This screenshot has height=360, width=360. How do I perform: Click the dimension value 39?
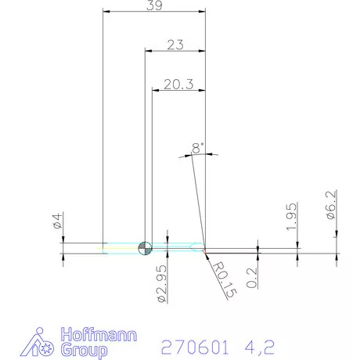coord(155,5)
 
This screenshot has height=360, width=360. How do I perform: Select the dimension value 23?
coord(175,45)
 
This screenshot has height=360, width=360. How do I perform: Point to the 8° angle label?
coord(197,147)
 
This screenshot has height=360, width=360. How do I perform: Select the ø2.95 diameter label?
coord(160,283)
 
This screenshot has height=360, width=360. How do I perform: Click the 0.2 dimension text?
coord(252,276)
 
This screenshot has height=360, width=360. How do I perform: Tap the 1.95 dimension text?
coord(290,217)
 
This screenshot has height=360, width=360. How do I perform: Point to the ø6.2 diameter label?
coord(331,206)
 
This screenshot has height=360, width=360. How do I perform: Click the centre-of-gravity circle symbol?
coord(144,248)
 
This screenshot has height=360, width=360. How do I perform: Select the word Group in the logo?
coord(88,351)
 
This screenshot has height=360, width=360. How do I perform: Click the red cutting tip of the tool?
coord(204,250)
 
